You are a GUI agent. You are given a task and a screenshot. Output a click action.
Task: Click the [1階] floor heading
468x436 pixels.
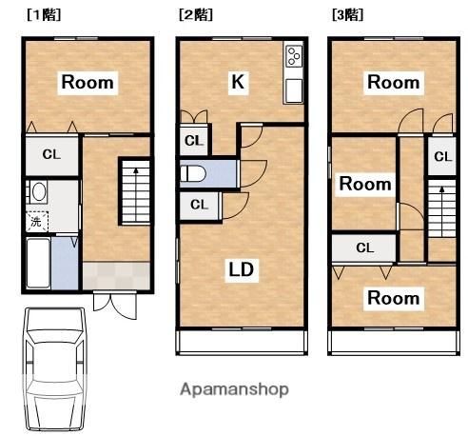pos(44,15)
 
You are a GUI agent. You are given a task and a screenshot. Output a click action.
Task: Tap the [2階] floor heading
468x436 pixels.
pos(196,15)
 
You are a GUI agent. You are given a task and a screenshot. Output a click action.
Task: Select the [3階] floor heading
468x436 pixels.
pos(347,15)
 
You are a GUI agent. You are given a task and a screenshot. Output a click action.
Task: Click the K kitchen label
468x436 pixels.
pos(238,82)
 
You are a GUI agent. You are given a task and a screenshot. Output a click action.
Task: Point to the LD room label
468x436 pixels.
pos(242,269)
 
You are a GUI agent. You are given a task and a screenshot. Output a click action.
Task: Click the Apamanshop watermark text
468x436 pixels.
pos(234,389)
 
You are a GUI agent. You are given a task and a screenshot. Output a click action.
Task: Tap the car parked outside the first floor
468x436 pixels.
pos(55,369)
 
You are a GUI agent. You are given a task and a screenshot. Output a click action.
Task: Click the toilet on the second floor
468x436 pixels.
pos(193,174)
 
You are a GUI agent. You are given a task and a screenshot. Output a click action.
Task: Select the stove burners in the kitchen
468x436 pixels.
pos(294,56)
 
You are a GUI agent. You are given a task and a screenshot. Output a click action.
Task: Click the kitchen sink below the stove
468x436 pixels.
pos(294,90)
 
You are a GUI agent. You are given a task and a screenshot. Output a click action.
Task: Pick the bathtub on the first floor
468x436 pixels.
pos(38,263)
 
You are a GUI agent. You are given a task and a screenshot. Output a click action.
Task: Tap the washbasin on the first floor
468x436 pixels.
pos(38,191)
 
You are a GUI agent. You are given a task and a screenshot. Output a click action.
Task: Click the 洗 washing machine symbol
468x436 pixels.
pos(36,222)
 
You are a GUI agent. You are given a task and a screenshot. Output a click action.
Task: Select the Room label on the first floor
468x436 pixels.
pos(88,83)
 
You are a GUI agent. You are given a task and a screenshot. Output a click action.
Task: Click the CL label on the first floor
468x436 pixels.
pos(51,155)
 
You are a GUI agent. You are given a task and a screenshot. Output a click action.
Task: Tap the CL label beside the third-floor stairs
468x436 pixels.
pos(442,156)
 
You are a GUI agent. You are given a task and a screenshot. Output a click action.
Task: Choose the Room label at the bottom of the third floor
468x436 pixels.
pos(394,298)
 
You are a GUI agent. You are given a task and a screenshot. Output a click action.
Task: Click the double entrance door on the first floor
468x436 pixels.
pos(115,306)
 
